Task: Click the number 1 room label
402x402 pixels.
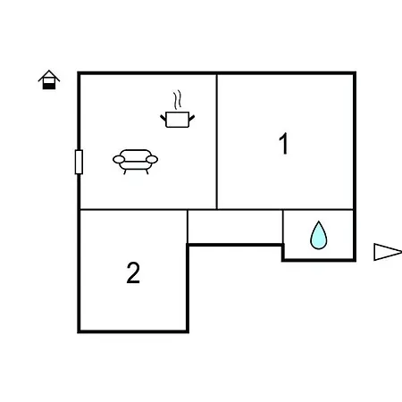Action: tap(284, 143)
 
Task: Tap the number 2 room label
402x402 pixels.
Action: tap(133, 272)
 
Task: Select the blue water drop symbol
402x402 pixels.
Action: tap(319, 235)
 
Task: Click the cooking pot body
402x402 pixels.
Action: tap(177, 120)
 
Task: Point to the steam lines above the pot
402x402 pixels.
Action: tap(177, 100)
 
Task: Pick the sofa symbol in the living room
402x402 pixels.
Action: tap(135, 162)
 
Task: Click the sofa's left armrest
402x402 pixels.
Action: tap(119, 160)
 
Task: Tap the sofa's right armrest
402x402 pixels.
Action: tap(152, 160)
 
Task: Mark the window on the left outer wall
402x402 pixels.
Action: tap(79, 162)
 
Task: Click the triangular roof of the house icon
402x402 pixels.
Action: tap(49, 75)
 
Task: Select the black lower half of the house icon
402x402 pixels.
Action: tap(49, 86)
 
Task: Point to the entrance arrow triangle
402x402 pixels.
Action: tap(388, 252)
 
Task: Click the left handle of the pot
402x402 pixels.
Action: tap(163, 118)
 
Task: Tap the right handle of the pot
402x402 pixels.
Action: tap(192, 118)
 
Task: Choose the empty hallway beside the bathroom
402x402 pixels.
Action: tap(235, 227)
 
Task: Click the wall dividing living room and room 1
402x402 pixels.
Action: tap(217, 142)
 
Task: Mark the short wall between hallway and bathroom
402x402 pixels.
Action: tap(283, 227)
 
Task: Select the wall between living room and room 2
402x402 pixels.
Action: tap(134, 210)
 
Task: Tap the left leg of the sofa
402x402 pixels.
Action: tap(125, 172)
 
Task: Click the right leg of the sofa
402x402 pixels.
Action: tap(147, 172)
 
